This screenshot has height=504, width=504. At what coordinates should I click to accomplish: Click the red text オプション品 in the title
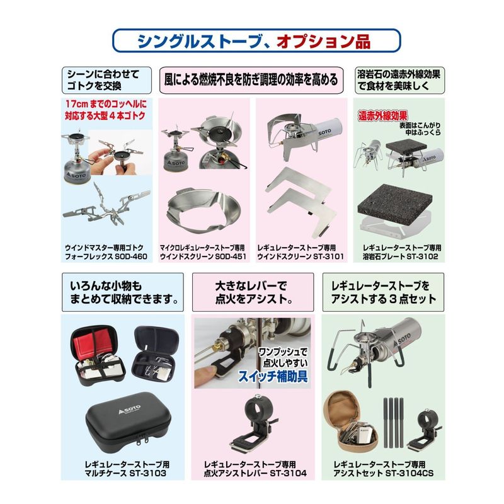[323, 42]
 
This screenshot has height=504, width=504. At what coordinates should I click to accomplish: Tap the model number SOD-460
[132, 256]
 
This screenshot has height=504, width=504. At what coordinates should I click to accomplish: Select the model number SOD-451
[230, 256]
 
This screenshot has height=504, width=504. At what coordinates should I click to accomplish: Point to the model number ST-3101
[328, 256]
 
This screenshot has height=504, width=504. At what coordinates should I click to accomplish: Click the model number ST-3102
[422, 256]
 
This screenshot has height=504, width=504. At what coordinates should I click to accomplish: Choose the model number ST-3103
[148, 473]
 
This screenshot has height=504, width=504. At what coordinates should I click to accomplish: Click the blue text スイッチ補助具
[273, 376]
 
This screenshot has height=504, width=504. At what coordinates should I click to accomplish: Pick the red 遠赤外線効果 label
[383, 116]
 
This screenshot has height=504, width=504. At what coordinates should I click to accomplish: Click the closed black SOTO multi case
[129, 417]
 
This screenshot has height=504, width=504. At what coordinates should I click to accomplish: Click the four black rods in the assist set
[392, 422]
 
